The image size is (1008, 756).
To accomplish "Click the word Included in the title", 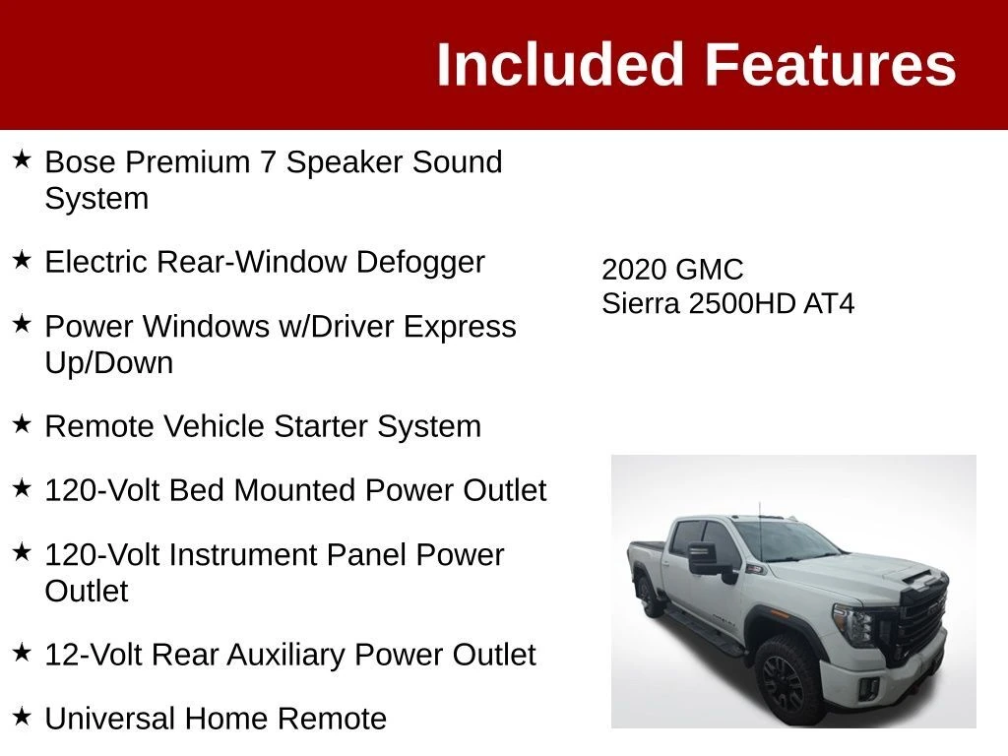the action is coord(559,64).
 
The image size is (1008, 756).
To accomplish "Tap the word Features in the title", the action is coord(831,64).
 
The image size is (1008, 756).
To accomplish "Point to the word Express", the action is coord(460,327).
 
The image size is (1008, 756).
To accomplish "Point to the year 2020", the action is coord(633,270).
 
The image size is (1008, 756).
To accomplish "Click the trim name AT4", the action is coord(829,304).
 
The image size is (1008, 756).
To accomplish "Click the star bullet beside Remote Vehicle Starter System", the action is coord(22,423).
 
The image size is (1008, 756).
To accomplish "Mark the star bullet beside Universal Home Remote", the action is coord(22,717).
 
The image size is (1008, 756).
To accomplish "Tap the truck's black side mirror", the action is coord(708,560).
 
